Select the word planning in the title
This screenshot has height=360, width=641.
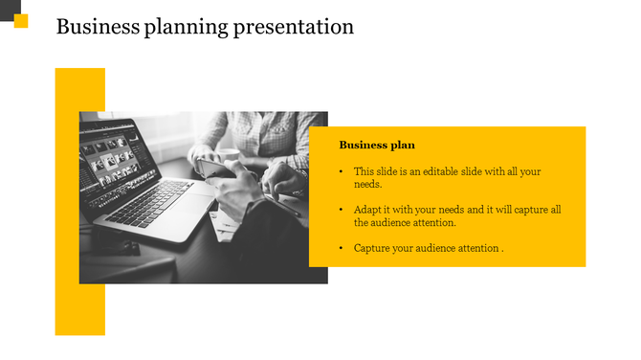click(182, 28)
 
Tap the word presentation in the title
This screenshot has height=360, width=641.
click(294, 27)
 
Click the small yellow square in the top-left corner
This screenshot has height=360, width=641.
click(21, 21)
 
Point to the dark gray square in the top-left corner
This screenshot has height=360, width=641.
click(7, 7)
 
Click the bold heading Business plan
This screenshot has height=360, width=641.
click(377, 146)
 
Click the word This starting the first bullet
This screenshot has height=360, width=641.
click(365, 171)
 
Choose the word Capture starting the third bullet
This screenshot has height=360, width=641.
click(373, 248)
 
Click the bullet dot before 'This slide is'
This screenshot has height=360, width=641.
click(342, 172)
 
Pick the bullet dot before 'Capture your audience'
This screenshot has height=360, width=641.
click(342, 248)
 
